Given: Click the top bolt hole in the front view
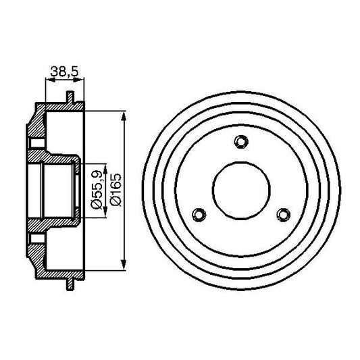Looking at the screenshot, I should click(240, 140).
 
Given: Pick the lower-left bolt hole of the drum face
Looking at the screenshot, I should click(199, 214).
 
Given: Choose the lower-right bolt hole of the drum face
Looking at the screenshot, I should click(283, 214).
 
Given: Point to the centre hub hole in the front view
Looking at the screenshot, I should click(240, 190).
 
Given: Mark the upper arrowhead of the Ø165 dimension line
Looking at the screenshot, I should click(122, 113).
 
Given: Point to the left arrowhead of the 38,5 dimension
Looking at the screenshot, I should click(47, 80).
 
